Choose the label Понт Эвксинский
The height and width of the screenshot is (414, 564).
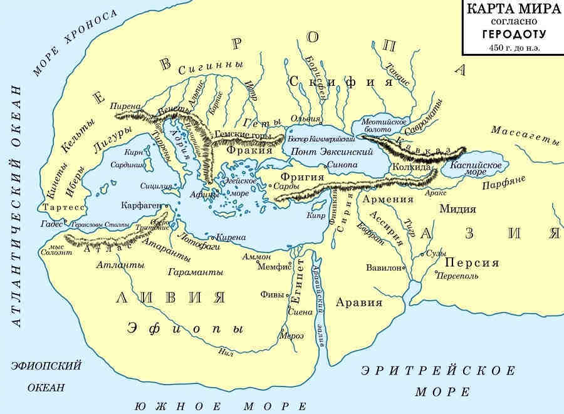pos(320,152)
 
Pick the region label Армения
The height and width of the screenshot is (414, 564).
pos(388,200)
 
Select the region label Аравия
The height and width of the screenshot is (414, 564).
pos(358,302)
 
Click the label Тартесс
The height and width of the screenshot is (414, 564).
pos(61,207)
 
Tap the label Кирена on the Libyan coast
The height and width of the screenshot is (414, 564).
pos(231,237)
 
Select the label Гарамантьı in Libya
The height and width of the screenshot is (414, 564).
pos(196,273)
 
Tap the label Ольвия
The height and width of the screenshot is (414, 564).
pos(310,118)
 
